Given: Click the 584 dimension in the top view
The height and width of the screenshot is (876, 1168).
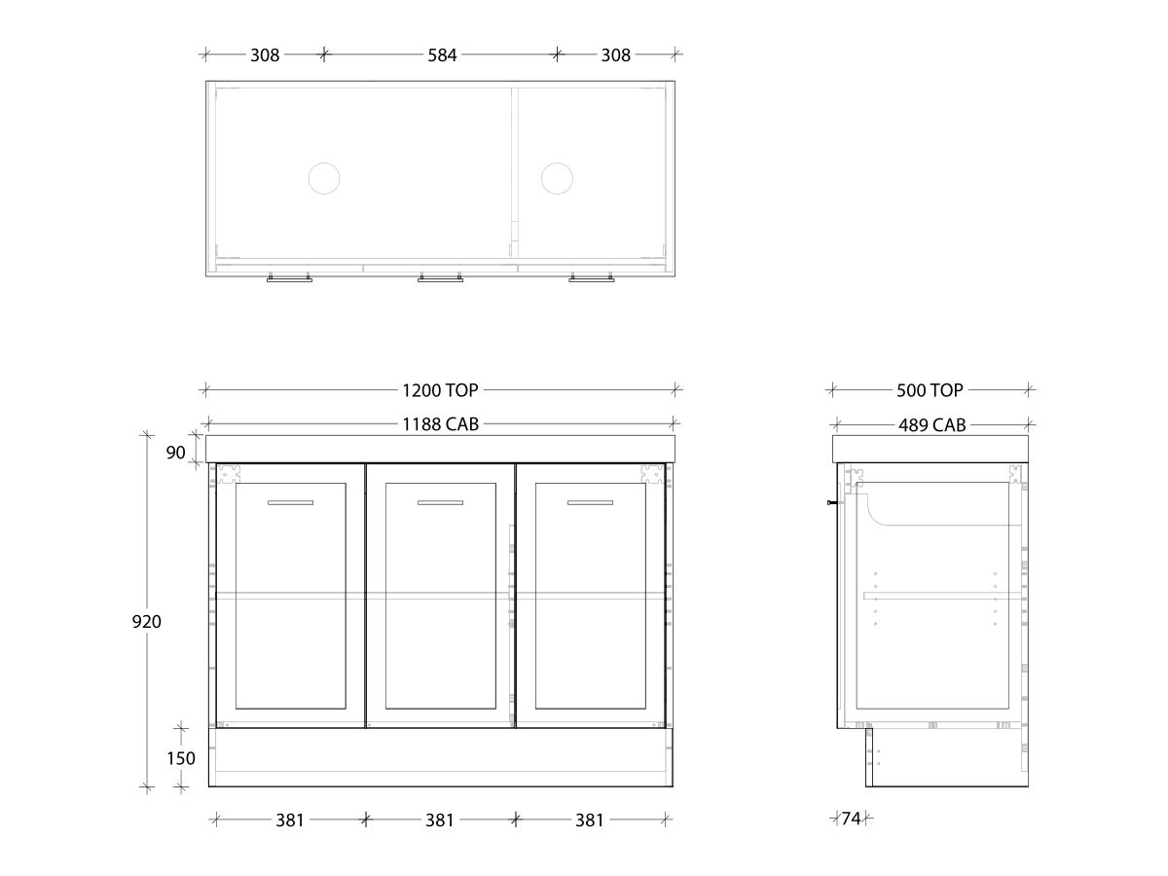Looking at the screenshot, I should pyautogui.click(x=442, y=55).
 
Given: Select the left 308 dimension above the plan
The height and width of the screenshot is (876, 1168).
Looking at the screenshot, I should pyautogui.click(x=265, y=55).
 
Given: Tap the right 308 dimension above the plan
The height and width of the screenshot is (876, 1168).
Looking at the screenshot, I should pyautogui.click(x=615, y=55).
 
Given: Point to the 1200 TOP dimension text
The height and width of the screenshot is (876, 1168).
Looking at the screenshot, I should pyautogui.click(x=440, y=390).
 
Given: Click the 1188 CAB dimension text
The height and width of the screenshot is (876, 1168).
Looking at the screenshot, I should pyautogui.click(x=440, y=424).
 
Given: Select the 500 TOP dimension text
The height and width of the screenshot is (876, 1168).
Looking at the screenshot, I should pyautogui.click(x=930, y=390).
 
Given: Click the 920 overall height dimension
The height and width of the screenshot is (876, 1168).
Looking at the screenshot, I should pyautogui.click(x=147, y=621).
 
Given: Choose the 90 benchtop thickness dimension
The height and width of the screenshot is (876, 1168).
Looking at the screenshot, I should pyautogui.click(x=175, y=453).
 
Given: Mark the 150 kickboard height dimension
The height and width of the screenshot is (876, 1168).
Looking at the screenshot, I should pyautogui.click(x=181, y=758).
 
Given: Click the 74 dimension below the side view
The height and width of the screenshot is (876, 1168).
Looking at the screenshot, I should pyautogui.click(x=851, y=819).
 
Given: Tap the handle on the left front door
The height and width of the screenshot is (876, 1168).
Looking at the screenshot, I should pyautogui.click(x=291, y=502).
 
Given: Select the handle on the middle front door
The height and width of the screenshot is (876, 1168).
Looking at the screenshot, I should pyautogui.click(x=440, y=502).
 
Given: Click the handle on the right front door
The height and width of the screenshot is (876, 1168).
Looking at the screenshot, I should pyautogui.click(x=590, y=502).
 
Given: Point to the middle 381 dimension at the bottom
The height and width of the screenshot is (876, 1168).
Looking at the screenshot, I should pyautogui.click(x=440, y=821).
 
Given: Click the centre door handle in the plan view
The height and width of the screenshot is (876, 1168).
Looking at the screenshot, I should pyautogui.click(x=440, y=278).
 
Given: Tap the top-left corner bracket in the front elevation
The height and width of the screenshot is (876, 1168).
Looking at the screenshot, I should pyautogui.click(x=228, y=474).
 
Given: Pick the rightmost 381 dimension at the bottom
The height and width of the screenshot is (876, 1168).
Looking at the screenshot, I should pyautogui.click(x=590, y=821).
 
